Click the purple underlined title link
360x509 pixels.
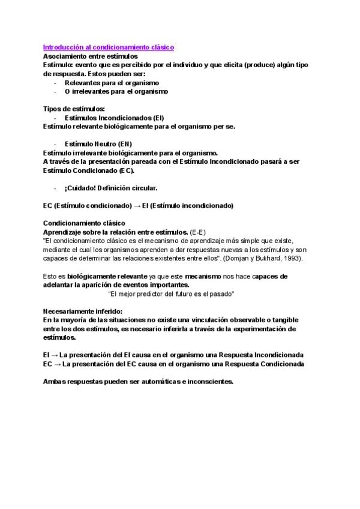pos(108,46)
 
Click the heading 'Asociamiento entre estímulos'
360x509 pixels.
pos(91,56)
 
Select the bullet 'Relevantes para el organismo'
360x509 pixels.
pos(112,83)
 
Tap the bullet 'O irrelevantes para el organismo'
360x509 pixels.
pos(116,92)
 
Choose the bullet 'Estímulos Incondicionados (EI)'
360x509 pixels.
pos(114,118)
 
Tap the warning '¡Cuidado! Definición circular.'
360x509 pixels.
pos(110,188)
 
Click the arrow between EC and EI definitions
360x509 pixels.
pos(137,205)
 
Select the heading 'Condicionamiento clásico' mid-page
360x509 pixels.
pos(84,223)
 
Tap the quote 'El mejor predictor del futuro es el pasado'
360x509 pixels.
pos(171,294)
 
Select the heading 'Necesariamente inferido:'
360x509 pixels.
pos(82,311)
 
